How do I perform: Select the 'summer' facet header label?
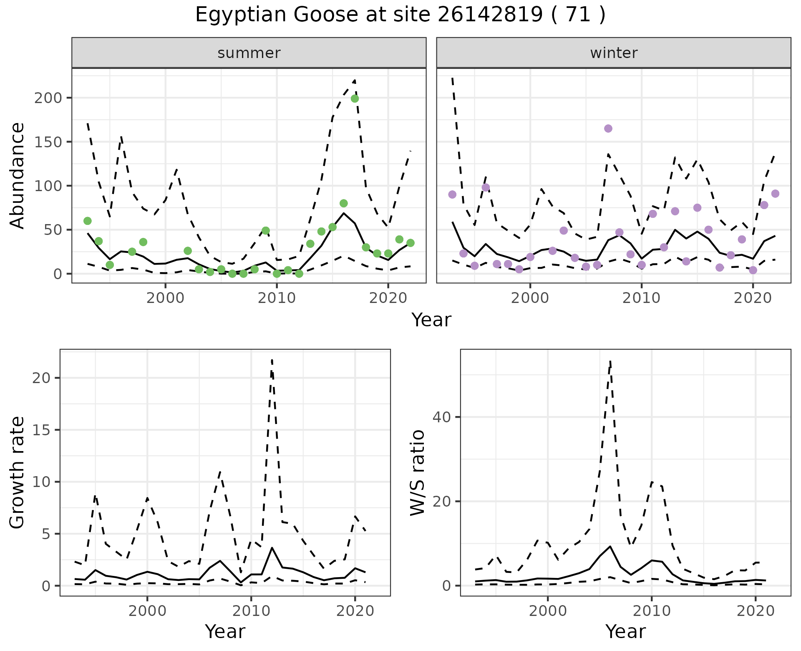tap(249, 53)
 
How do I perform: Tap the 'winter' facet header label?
tap(614, 53)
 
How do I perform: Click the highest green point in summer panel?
tap(355, 98)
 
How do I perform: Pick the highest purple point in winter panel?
tap(608, 129)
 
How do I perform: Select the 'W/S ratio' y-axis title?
tap(418, 473)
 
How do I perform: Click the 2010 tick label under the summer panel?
tap(277, 298)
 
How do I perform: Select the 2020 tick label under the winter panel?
tap(753, 298)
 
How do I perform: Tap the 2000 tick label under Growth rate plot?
tap(147, 611)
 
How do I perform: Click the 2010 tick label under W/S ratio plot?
tap(651, 611)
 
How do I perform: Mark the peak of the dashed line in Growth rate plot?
tap(272, 360)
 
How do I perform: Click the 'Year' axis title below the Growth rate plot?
tap(225, 631)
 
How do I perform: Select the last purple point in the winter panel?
tap(775, 194)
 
